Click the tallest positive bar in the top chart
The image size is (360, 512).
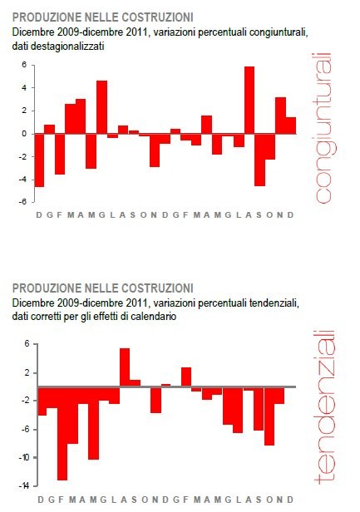click(249, 100)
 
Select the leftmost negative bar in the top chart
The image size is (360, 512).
click(39, 160)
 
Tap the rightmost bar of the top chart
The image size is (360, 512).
click(290, 126)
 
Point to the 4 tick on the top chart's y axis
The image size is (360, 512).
click(24, 87)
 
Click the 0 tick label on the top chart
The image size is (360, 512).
click(24, 133)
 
